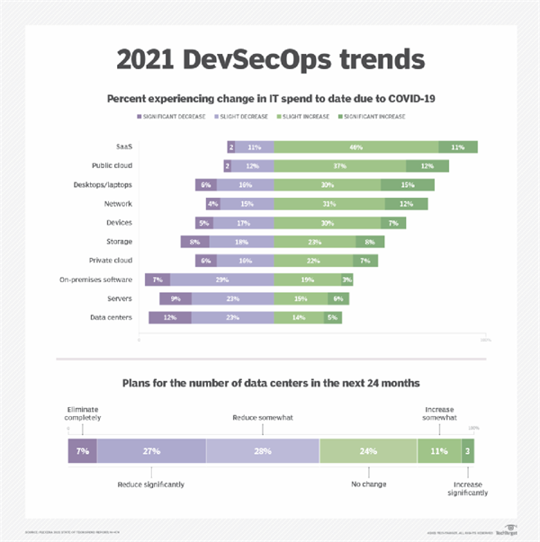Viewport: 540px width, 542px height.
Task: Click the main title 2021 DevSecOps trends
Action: pyautogui.click(x=270, y=61)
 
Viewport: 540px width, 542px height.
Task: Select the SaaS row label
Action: pyautogui.click(x=123, y=147)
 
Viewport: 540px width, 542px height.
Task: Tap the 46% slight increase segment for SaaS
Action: pyautogui.click(x=356, y=147)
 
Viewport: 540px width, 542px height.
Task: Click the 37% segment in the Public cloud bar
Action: pyautogui.click(x=339, y=165)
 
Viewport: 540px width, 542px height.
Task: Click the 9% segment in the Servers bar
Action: pyautogui.click(x=176, y=298)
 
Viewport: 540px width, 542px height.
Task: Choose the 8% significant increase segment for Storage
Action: pyautogui.click(x=371, y=242)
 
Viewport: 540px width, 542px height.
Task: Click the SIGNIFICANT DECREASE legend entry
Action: pyautogui.click(x=172, y=117)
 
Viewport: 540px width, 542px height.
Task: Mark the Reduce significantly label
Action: pyautogui.click(x=151, y=484)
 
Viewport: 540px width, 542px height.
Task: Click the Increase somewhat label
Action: pyautogui.click(x=441, y=413)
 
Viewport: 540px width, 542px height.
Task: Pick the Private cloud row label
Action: pyautogui.click(x=112, y=260)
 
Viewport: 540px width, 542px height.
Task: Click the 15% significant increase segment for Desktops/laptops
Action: pyautogui.click(x=408, y=184)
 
